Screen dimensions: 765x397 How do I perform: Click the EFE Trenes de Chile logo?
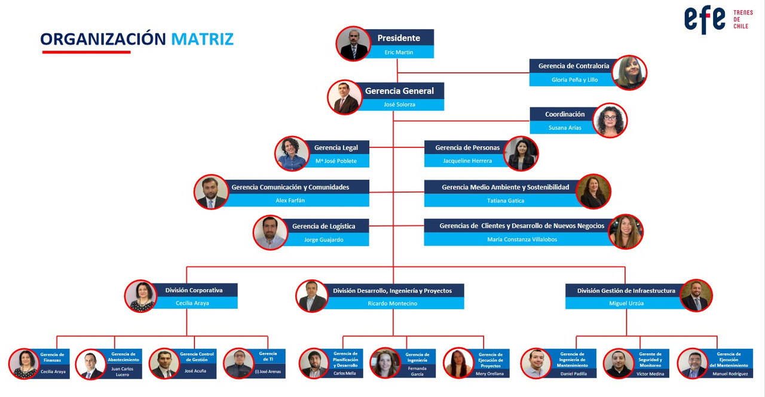click(718, 20)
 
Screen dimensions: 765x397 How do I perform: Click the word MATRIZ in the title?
click(202, 39)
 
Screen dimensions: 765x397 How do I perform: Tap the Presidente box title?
click(399, 38)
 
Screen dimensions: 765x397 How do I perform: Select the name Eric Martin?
click(399, 52)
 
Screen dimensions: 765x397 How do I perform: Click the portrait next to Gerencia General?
click(345, 97)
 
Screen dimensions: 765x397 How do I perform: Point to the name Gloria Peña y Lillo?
click(574, 80)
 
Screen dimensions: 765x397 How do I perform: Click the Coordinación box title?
click(565, 114)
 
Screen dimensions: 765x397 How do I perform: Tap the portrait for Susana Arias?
click(610, 121)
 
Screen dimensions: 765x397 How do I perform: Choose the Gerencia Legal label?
click(336, 147)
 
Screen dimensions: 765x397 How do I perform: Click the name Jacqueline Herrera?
click(467, 161)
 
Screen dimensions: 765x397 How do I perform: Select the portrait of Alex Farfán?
click(211, 192)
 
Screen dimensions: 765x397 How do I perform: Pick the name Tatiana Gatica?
click(506, 201)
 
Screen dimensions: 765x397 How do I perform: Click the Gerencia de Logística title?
click(323, 226)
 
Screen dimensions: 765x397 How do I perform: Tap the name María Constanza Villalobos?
click(522, 239)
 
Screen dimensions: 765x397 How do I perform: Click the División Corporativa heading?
click(194, 290)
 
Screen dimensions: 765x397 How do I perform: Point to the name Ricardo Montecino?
click(393, 303)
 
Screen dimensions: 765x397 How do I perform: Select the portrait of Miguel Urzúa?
click(696, 296)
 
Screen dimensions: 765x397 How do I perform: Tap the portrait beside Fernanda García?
click(385, 363)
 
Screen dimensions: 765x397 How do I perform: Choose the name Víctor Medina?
click(650, 374)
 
